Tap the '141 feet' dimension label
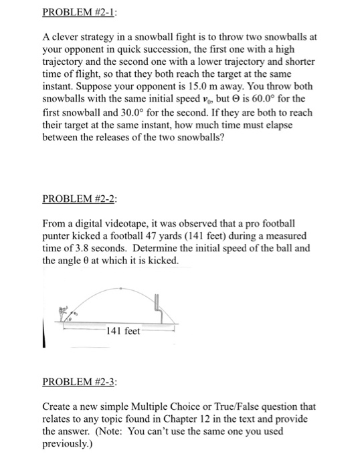pos(123,332)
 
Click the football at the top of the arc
pos(120,289)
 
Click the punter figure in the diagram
pos(65,314)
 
